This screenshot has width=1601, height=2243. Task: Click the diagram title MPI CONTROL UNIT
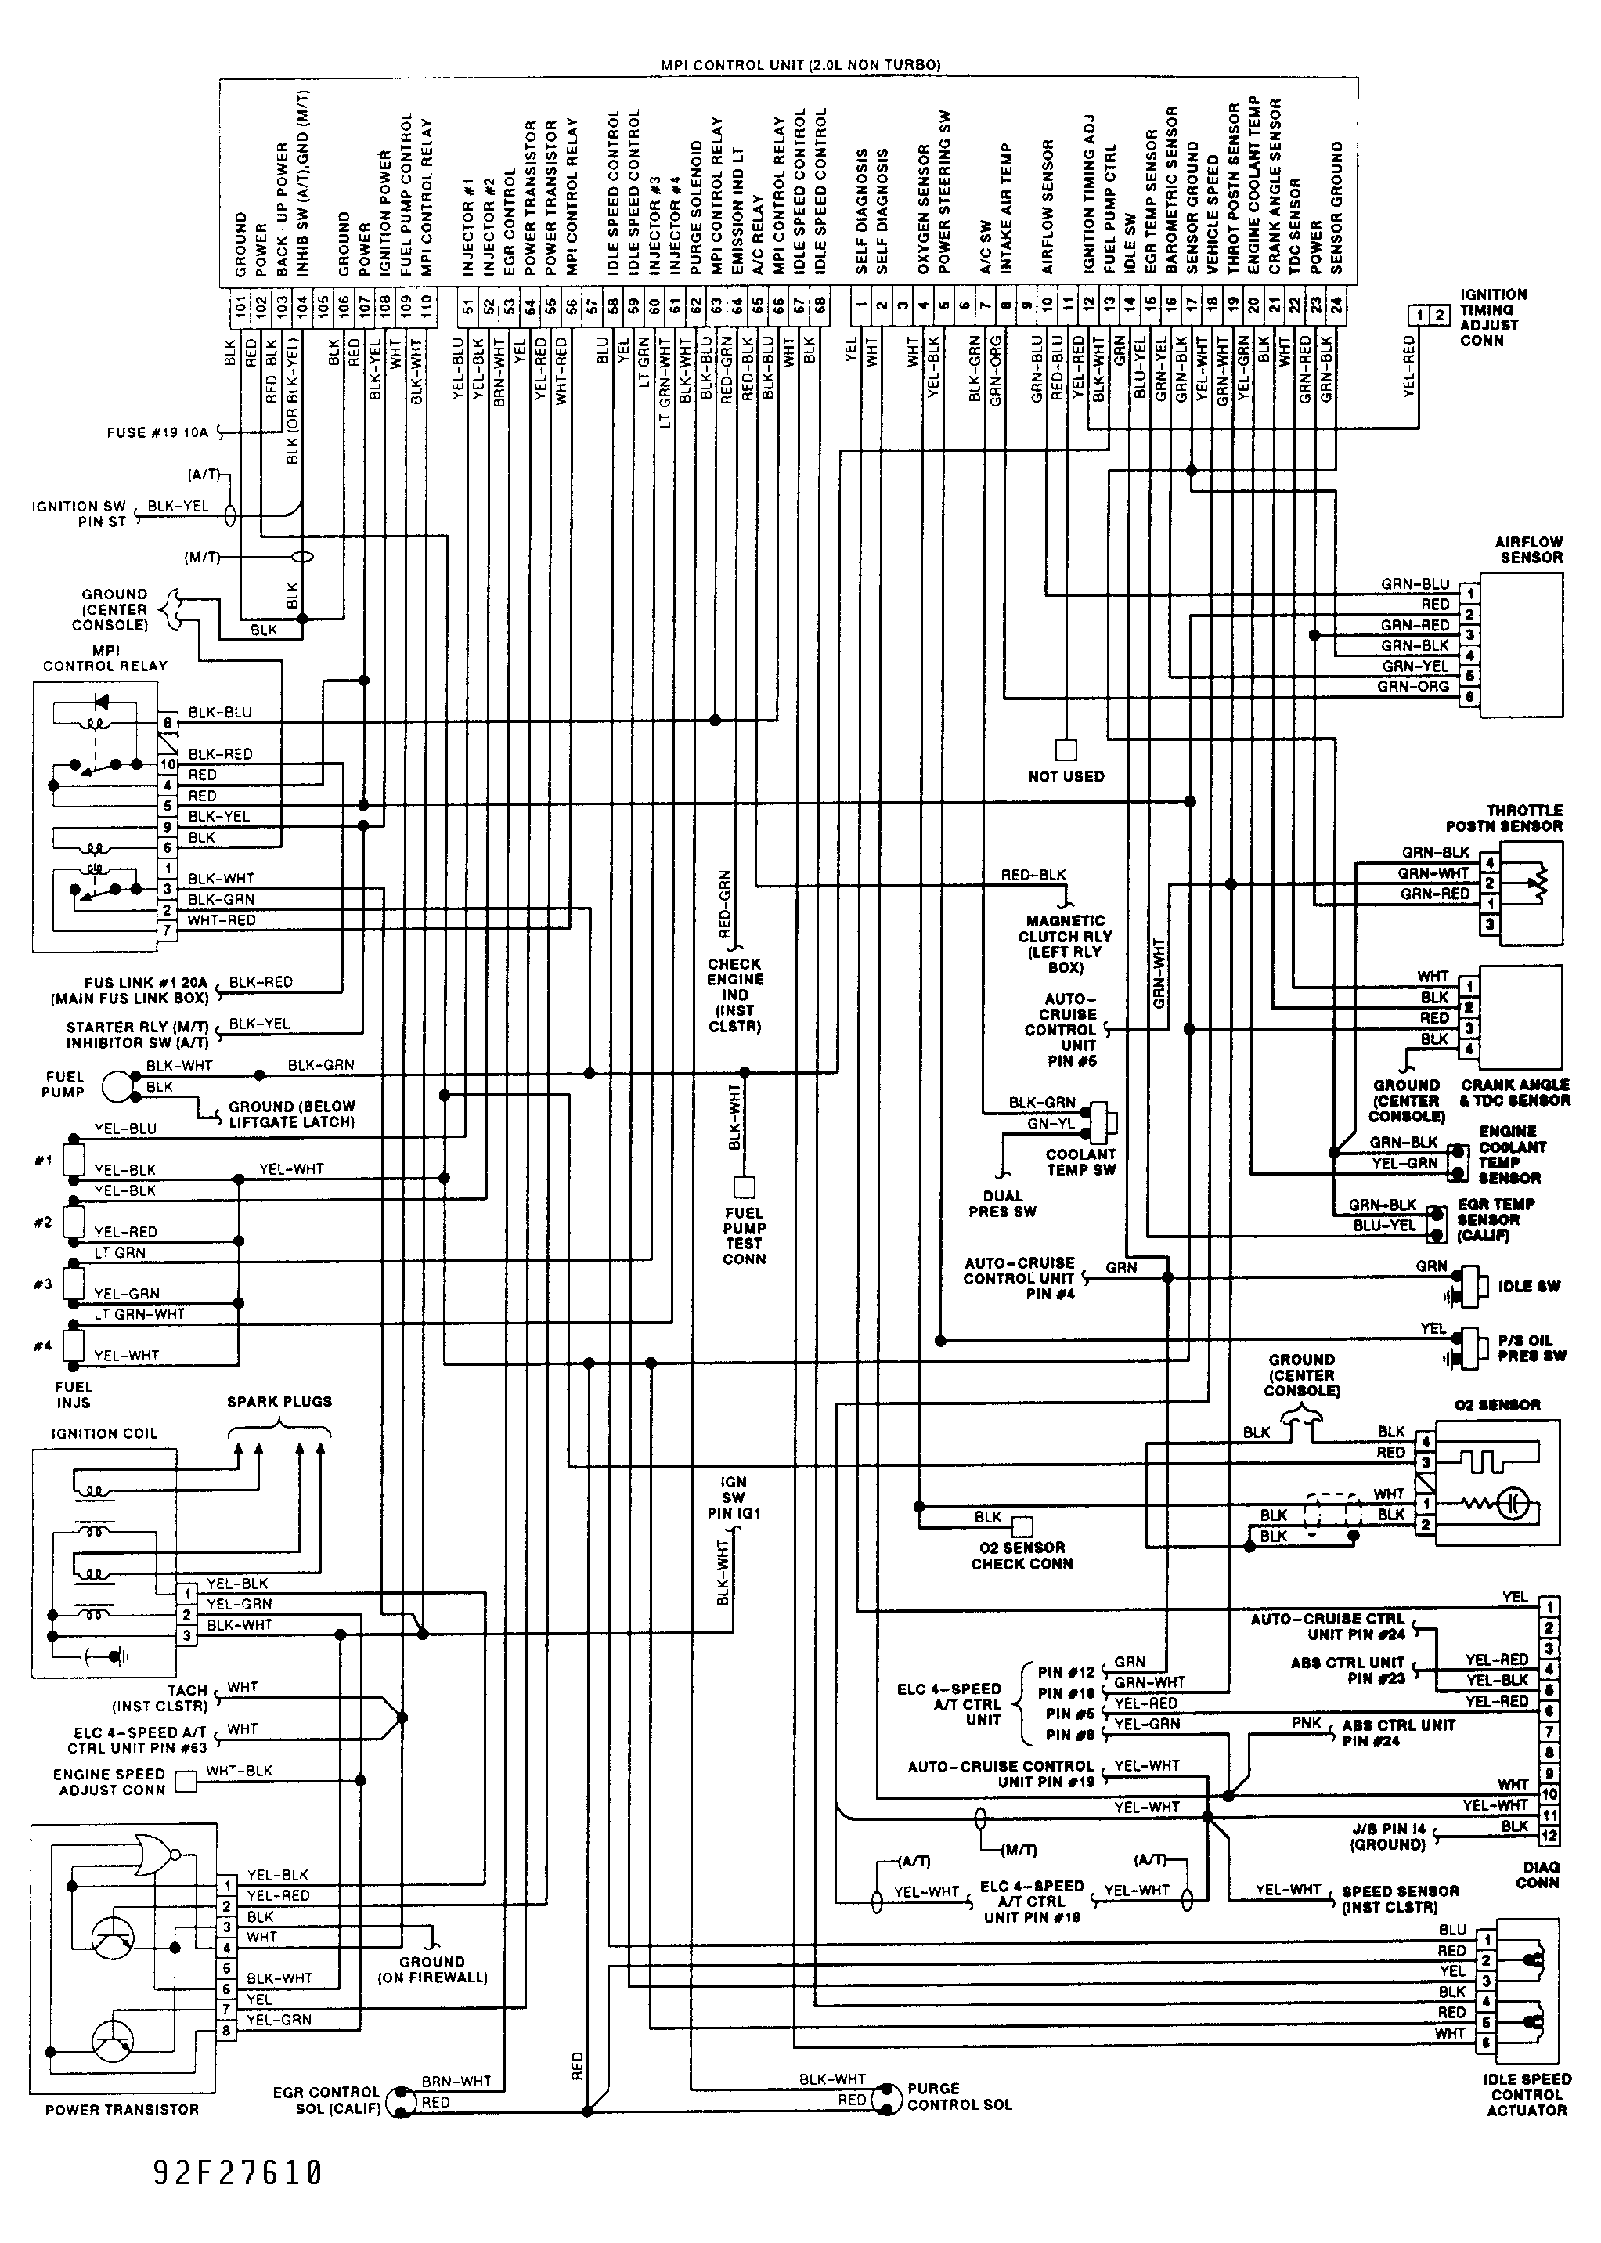coord(733,65)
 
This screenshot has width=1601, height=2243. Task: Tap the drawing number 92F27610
coord(237,2172)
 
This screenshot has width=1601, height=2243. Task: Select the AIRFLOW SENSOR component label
coord(1528,549)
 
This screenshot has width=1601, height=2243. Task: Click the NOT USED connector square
coord(1066,749)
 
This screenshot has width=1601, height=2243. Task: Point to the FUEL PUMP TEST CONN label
coord(745,1235)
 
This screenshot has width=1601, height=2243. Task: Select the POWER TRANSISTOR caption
coord(122,2110)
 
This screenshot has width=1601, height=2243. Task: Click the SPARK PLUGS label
coord(280,1401)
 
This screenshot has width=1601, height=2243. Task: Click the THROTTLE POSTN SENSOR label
coord(1505,818)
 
